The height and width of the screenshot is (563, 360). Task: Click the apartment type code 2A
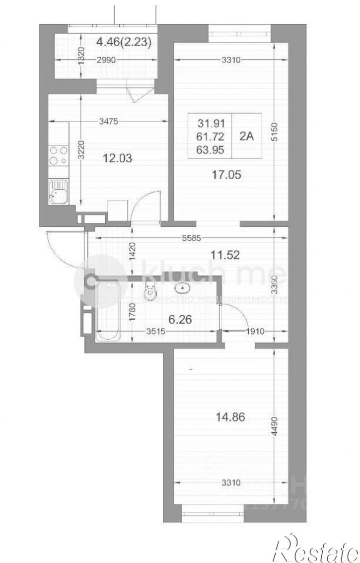point(246,137)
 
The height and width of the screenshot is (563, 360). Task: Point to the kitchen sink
point(58,191)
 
